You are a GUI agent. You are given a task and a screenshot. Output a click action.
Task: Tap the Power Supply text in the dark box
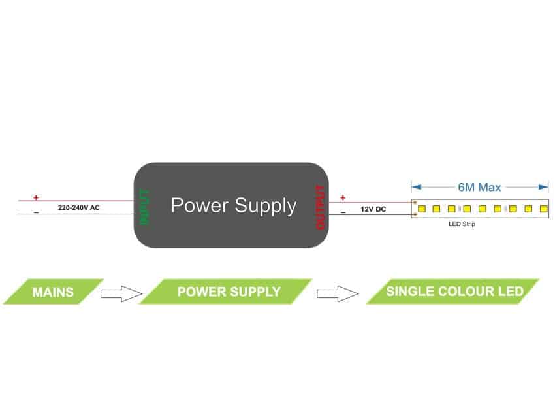tap(233, 206)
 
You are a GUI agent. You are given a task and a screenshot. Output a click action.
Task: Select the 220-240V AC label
tap(79, 207)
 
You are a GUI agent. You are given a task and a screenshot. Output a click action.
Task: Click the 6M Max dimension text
tap(479, 188)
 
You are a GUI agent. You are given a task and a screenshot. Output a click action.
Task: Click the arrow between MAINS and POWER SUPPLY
tap(121, 293)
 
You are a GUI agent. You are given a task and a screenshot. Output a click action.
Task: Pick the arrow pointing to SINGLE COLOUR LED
tap(338, 293)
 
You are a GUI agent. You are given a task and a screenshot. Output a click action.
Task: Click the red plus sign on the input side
tap(36, 197)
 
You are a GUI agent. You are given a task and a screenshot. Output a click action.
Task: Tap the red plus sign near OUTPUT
tap(343, 197)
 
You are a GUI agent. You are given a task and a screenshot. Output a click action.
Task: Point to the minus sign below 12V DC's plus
tap(343, 212)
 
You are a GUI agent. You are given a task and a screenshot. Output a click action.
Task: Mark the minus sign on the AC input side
tap(36, 212)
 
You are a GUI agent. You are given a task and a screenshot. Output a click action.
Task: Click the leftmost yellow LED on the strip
tap(422, 208)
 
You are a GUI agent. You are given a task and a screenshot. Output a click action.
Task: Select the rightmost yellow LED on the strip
tap(543, 208)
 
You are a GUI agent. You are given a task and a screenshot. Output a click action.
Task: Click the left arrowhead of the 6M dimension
tap(415, 187)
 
